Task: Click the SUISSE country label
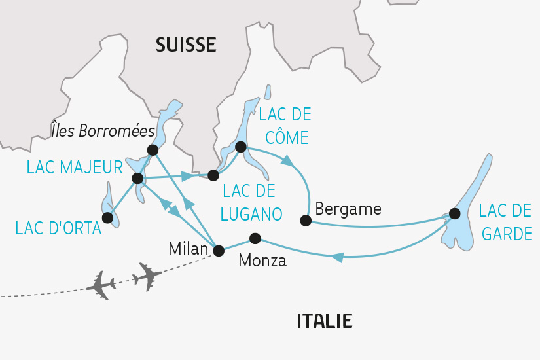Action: pos(186,45)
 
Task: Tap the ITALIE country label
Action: pos(325,321)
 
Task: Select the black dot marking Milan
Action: pos(219,250)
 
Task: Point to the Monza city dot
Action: pos(255,238)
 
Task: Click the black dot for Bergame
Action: pos(305,221)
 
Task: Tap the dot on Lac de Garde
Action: pos(454,213)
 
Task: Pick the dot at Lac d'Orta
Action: pos(107,217)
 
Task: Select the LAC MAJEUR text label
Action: pos(75,168)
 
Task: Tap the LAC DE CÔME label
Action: pos(285,125)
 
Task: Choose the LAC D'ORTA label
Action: pos(59,228)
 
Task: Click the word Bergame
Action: pos(348,209)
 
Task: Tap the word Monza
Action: pos(262,261)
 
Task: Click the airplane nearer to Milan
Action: pos(147,276)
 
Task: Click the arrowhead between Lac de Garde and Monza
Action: pos(336,257)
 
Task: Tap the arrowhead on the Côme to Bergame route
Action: pos(287,160)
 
